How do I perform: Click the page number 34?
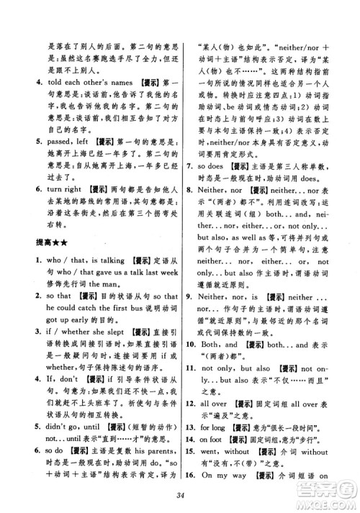(x=181, y=491)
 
